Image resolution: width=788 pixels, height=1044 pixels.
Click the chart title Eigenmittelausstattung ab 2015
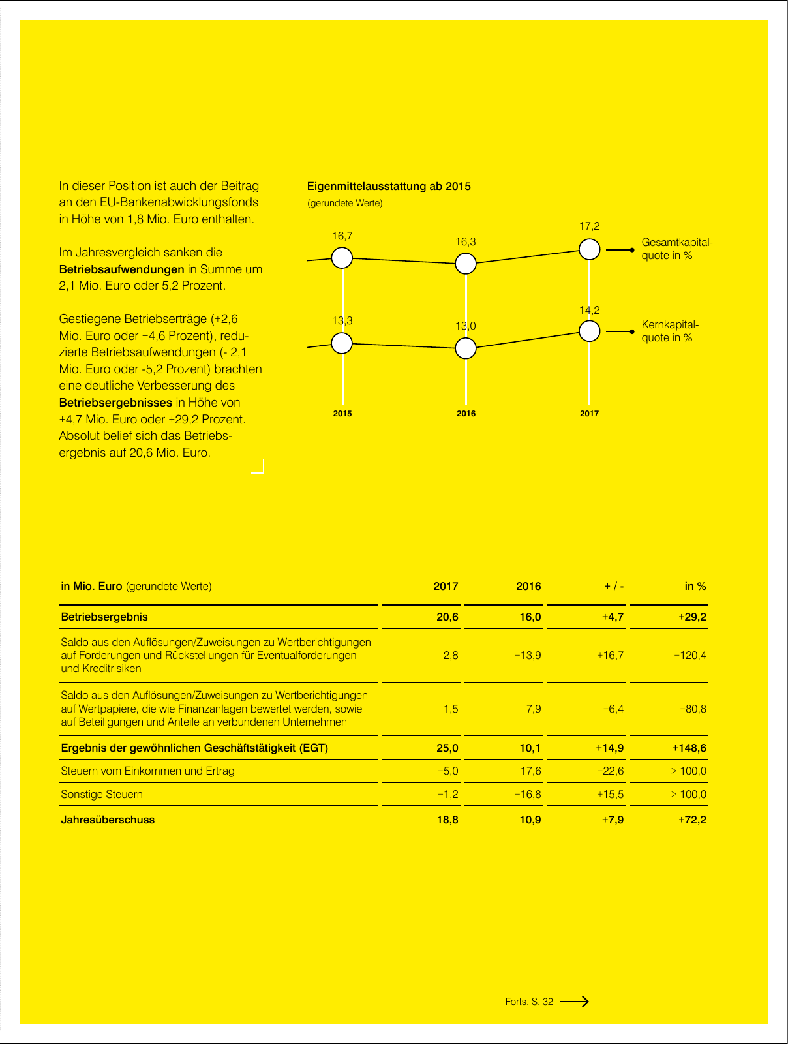pyautogui.click(x=389, y=186)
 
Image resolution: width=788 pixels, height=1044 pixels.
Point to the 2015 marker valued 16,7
pyautogui.click(x=342, y=258)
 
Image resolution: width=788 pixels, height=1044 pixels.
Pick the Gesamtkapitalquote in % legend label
pyautogui.click(x=676, y=249)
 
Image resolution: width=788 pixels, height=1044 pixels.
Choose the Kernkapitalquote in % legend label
pyautogui.click(x=669, y=331)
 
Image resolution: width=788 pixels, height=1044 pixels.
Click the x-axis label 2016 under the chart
pyautogui.click(x=466, y=414)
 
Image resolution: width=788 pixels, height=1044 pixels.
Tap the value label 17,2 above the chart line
pyautogui.click(x=589, y=226)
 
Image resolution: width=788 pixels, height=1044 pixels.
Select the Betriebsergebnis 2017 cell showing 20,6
pyautogui.click(x=447, y=617)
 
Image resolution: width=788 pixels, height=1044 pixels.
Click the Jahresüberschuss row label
pyautogui.click(x=108, y=820)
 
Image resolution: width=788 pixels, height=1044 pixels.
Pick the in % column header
pyautogui.click(x=695, y=586)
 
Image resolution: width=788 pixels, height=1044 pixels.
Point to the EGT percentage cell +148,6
pyautogui.click(x=689, y=748)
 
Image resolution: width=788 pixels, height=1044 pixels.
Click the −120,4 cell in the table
pyautogui.click(x=689, y=655)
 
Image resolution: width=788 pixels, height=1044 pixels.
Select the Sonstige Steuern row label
pyautogui.click(x=102, y=794)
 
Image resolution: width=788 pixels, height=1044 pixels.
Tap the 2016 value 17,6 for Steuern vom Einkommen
pyautogui.click(x=530, y=771)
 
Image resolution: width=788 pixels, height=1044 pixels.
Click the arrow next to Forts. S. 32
pyautogui.click(x=575, y=1001)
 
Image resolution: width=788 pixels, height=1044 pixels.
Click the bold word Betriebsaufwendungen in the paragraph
pyautogui.click(x=121, y=269)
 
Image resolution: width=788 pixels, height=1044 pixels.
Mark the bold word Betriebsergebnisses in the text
pyautogui.click(x=115, y=403)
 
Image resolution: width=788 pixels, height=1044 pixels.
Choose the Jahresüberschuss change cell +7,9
pyautogui.click(x=613, y=820)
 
